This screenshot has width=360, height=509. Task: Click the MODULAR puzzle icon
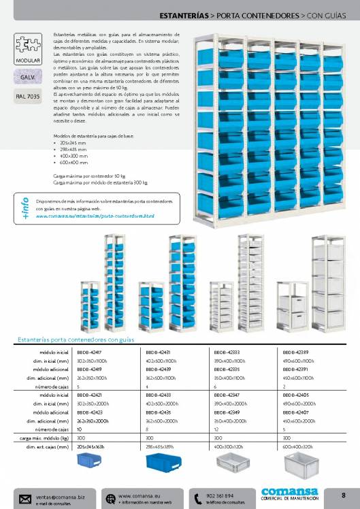click(x=27, y=47)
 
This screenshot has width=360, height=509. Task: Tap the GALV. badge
click(x=27, y=78)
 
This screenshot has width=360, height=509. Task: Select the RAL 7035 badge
click(x=27, y=96)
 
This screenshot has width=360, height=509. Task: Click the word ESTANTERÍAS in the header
click(x=184, y=14)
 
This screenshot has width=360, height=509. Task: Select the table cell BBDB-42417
click(x=88, y=352)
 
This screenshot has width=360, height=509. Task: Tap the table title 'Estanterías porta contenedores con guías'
click(x=76, y=340)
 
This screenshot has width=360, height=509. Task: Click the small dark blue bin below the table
click(x=93, y=463)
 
